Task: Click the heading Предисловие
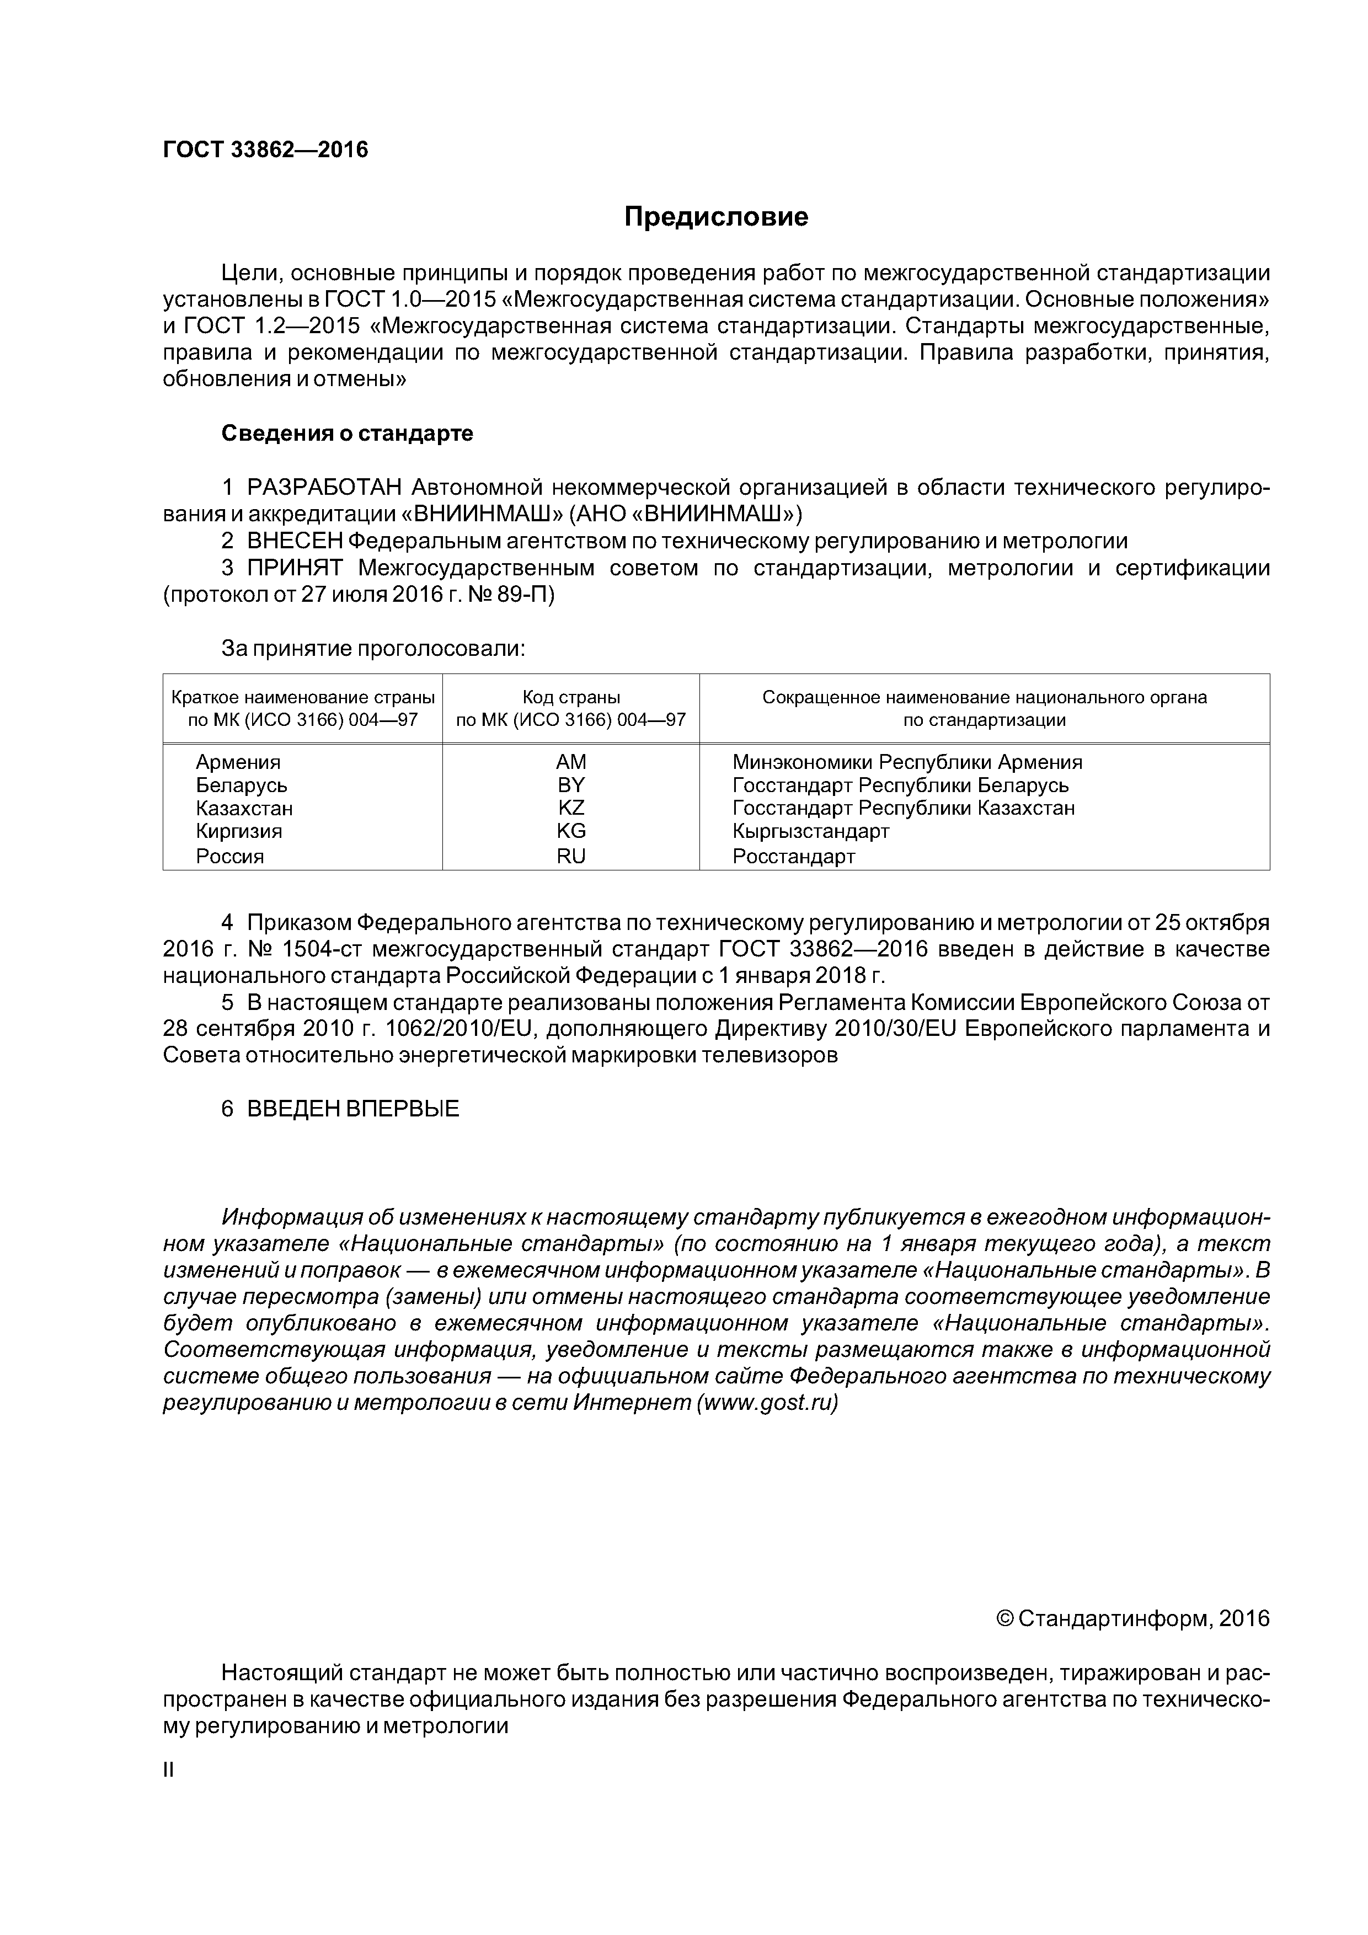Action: (x=715, y=217)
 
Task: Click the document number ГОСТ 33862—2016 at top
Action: (x=265, y=150)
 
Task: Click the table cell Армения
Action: (x=238, y=762)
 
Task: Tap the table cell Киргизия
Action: (x=238, y=831)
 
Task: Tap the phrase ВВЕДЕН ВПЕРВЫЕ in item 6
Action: (x=353, y=1108)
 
